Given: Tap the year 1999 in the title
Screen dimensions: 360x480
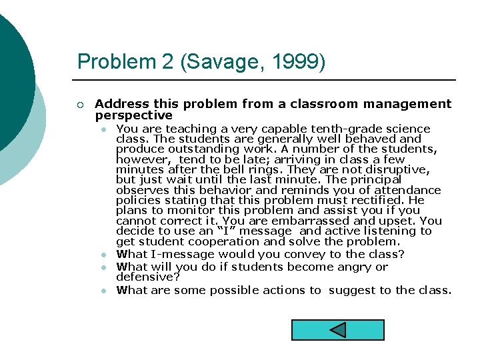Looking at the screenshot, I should pyautogui.click(x=298, y=62).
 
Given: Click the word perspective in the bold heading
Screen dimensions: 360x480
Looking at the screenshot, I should pyautogui.click(x=134, y=115).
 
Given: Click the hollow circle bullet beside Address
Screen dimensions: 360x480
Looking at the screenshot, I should pyautogui.click(x=80, y=105).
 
